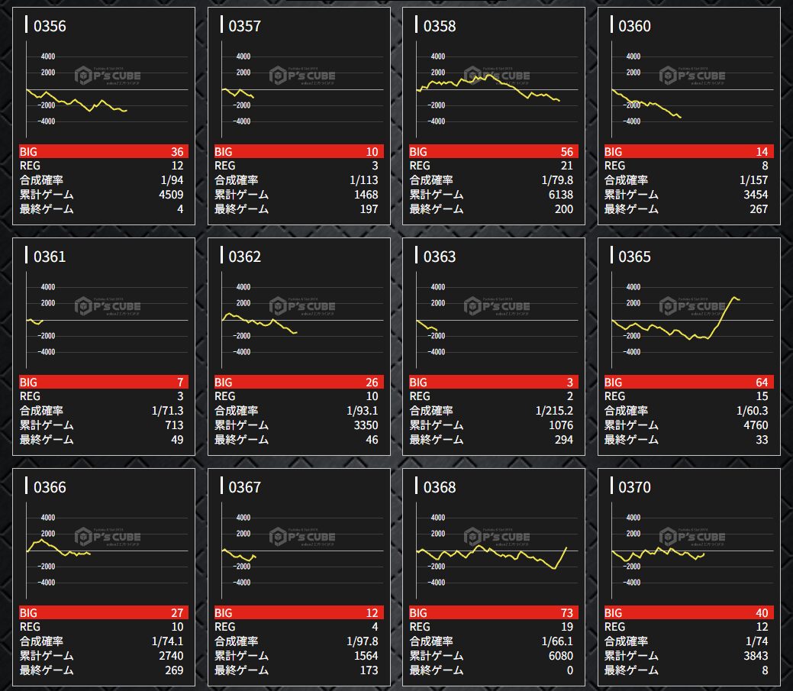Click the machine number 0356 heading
(x=50, y=27)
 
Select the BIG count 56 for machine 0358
(x=565, y=151)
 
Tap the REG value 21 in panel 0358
(x=566, y=166)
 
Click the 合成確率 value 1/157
(x=754, y=180)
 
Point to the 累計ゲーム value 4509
(x=170, y=195)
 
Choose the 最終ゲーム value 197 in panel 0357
(x=369, y=209)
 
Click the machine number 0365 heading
(x=634, y=257)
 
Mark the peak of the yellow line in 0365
(x=734, y=297)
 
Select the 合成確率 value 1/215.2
(x=554, y=411)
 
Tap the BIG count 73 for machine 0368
(x=565, y=612)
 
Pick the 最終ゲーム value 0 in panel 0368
(x=569, y=670)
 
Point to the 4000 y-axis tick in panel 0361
(x=47, y=287)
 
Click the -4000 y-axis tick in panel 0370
(x=631, y=583)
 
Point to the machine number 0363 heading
(x=440, y=257)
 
